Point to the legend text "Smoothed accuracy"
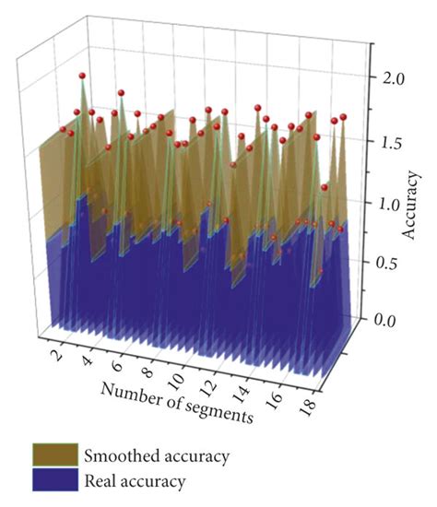156,455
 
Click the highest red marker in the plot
82,76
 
